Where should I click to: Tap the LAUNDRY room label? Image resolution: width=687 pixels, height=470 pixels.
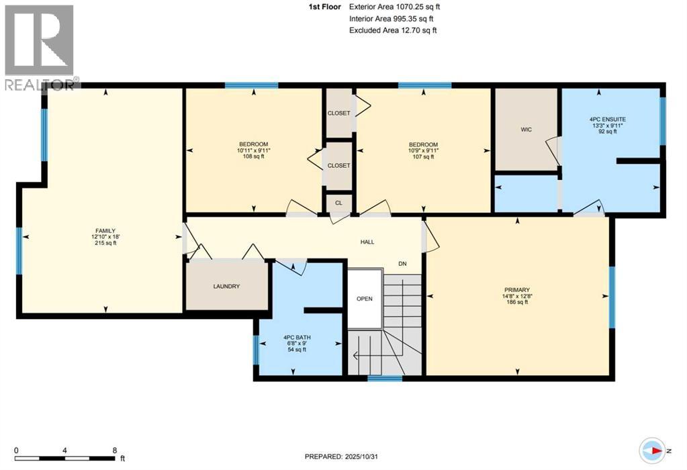(226, 287)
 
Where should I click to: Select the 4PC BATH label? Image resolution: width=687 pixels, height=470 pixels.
(296, 337)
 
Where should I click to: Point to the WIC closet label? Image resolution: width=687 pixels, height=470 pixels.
(526, 130)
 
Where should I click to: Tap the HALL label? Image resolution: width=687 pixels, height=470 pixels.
(367, 242)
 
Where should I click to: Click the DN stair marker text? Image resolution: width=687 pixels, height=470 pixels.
(403, 264)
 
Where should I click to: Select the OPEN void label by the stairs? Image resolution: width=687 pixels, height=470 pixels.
(364, 299)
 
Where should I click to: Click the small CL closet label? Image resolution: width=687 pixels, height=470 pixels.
(338, 201)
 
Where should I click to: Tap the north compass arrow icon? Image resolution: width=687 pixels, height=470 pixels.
(653, 449)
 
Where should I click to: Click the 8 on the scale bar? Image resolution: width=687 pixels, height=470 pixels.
(115, 451)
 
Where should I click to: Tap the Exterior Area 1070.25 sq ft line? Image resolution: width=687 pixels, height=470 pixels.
(396, 7)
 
